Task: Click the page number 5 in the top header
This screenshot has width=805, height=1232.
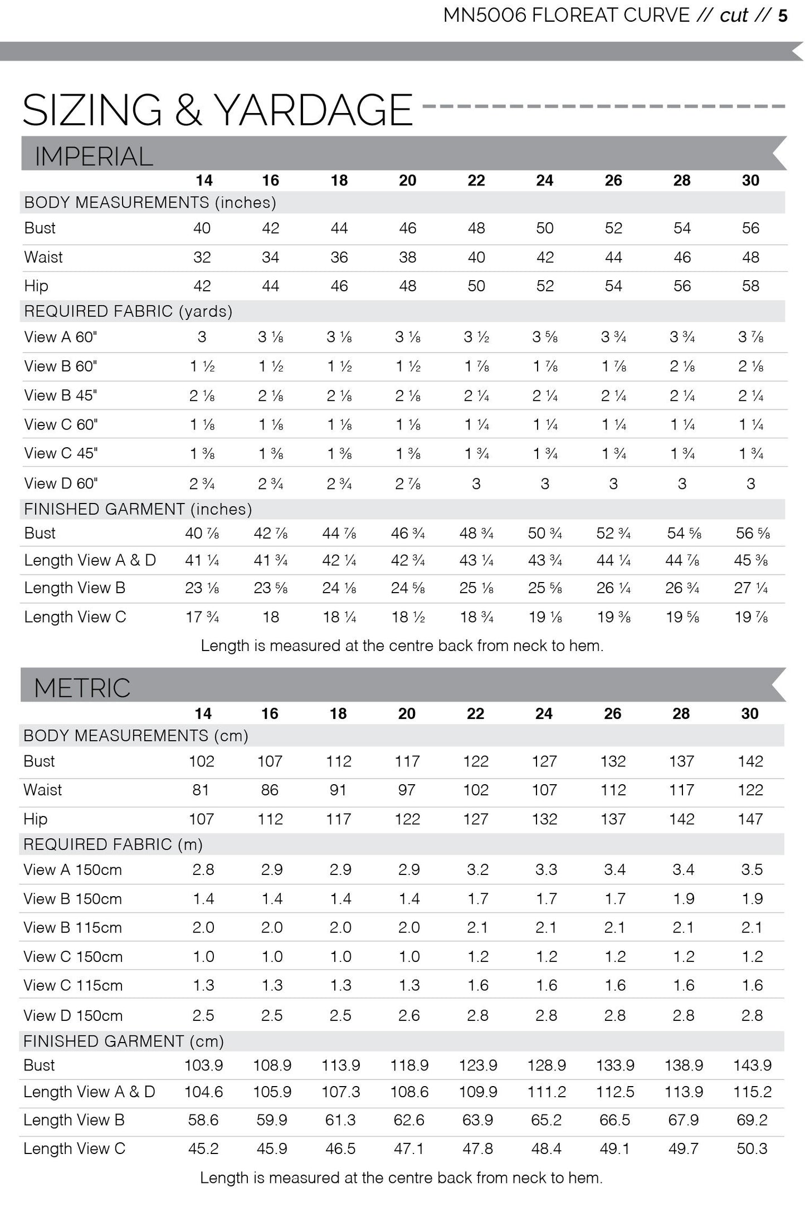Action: coord(783,16)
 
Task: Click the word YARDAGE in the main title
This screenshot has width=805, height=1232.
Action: coord(314,110)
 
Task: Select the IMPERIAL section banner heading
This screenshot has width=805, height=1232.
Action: coord(94,156)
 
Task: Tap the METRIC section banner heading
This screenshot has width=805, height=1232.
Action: coord(82,688)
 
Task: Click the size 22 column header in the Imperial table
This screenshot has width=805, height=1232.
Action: coord(476,180)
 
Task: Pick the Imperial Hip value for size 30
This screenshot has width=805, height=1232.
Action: coord(750,286)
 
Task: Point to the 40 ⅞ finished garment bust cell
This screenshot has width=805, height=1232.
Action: coord(202,533)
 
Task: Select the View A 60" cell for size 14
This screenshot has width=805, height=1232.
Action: coord(202,337)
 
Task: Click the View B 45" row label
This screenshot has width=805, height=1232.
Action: coord(61,395)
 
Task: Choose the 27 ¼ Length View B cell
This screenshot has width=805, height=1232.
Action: coord(750,588)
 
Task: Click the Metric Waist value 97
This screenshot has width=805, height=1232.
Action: coord(407,790)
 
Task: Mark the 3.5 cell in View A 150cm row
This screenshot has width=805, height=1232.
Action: coord(752,869)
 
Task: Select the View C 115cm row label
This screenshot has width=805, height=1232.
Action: coord(73,985)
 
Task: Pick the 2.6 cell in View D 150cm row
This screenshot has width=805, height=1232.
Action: coord(409,1015)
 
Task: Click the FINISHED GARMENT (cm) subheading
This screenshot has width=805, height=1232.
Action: coord(124,1041)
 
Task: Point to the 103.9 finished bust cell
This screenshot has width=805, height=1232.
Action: coord(204,1065)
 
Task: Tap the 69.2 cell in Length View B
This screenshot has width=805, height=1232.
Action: coord(752,1120)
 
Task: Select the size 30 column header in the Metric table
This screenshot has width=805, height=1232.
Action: coord(750,713)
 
